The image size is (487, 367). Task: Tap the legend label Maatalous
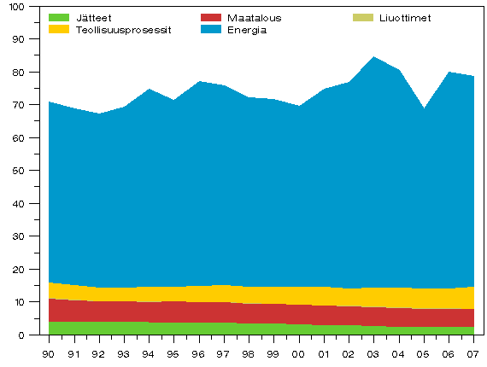tap(254, 18)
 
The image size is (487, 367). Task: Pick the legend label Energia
tap(247, 30)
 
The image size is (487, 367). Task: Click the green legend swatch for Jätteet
tap(59, 18)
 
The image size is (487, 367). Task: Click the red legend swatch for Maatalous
tap(211, 18)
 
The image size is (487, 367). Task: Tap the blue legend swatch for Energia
tap(211, 30)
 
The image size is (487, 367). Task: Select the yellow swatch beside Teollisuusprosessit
tap(59, 30)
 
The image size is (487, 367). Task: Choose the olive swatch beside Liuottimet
tap(362, 18)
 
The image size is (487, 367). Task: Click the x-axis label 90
tap(49, 353)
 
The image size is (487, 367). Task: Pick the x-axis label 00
tap(298, 353)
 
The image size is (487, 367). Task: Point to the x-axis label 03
tap(373, 353)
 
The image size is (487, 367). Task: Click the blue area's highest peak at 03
tap(373, 58)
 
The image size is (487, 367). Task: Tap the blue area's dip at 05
tap(423, 109)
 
